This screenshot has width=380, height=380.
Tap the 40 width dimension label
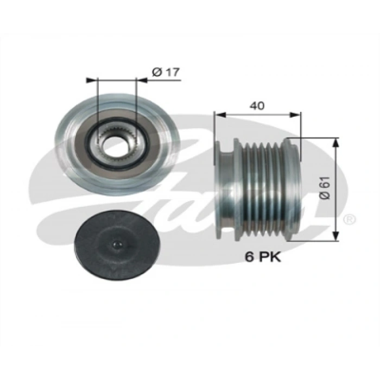258,106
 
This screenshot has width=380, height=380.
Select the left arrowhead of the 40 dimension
218,115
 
